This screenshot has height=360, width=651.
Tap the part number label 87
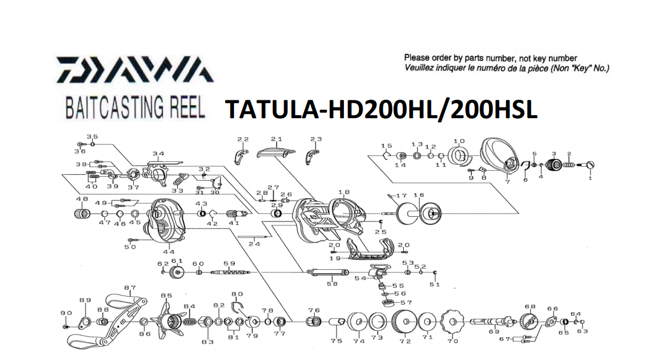tap(130, 288)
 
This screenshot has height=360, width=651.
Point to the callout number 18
tap(343, 192)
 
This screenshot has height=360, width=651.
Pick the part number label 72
tap(405, 341)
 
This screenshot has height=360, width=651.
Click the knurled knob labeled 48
tap(82, 213)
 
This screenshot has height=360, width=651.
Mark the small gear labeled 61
tap(176, 273)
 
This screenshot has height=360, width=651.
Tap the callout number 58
tap(332, 284)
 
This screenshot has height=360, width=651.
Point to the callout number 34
tap(158, 154)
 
